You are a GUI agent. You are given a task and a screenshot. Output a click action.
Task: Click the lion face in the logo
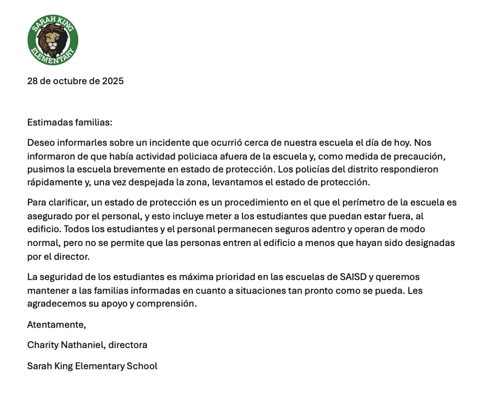click(52, 41)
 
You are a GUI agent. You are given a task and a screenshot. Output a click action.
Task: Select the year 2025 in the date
click(113, 81)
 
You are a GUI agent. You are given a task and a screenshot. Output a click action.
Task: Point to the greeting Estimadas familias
click(70, 123)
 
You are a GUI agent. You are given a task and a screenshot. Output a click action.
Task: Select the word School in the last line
click(142, 366)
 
